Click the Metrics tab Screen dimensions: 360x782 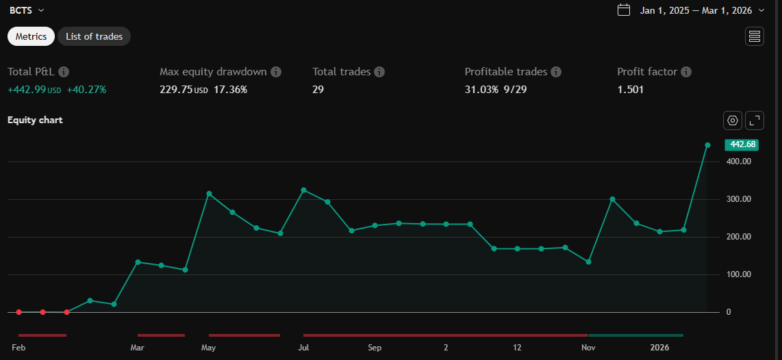(31, 36)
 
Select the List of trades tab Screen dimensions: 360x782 (94, 36)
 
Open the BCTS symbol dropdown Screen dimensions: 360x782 (27, 10)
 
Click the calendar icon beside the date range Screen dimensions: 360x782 (624, 10)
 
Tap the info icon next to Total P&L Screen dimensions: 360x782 (64, 72)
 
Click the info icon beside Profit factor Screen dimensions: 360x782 (686, 72)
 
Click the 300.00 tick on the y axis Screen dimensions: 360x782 (739, 199)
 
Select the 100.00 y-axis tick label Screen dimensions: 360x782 (739, 274)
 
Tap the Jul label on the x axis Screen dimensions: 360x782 (303, 348)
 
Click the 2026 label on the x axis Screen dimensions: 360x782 (659, 348)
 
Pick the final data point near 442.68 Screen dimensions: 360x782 (707, 145)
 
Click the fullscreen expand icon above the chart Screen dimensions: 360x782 (755, 120)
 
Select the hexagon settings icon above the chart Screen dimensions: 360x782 (733, 120)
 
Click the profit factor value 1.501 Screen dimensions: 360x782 (630, 90)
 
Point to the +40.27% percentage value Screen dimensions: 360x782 (86, 90)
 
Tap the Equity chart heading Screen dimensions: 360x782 (35, 120)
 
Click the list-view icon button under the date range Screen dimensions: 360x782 (755, 36)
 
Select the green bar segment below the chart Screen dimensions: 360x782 (635, 335)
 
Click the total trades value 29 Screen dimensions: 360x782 (318, 90)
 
